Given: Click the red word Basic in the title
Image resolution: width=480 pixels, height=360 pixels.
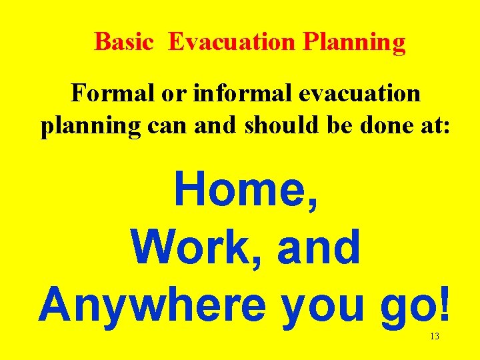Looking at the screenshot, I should click(125, 42).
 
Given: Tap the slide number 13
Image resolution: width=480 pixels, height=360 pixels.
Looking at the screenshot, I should click(434, 337).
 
